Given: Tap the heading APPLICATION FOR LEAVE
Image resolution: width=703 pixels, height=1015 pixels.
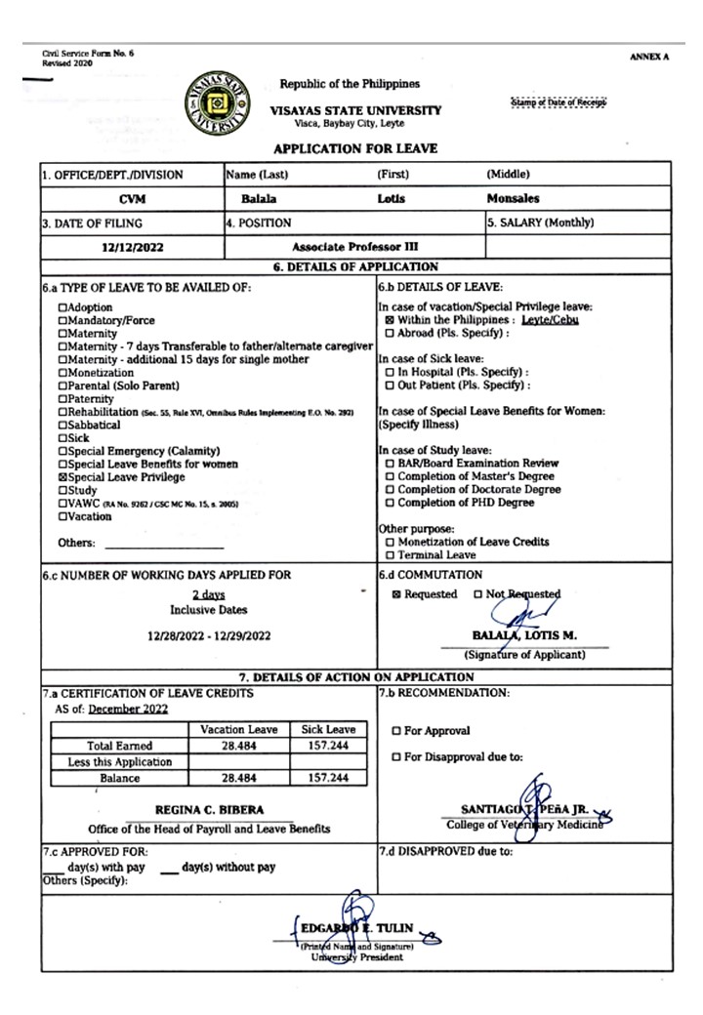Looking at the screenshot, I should (354, 148).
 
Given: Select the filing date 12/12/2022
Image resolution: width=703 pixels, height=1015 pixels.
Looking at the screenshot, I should (132, 248).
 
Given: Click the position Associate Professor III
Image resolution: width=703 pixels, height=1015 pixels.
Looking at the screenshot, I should (354, 248).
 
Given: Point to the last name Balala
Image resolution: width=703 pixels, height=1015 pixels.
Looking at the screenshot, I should (245, 198).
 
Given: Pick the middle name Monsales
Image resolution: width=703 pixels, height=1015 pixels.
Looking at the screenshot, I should (513, 198).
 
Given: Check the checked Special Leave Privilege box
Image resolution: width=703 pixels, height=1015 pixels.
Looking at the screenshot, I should (63, 477).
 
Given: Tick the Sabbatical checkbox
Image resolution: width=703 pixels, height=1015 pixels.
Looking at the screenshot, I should (63, 425).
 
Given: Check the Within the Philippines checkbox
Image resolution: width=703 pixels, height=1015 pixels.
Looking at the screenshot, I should (390, 320).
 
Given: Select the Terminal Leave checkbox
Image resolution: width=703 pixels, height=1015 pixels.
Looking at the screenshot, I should (390, 555).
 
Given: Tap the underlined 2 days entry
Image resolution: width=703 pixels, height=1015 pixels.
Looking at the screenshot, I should (208, 594).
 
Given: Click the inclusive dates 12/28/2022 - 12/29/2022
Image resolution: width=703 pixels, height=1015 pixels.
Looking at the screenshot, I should (209, 635).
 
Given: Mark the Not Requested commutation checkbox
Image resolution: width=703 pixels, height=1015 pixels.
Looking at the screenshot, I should (477, 594).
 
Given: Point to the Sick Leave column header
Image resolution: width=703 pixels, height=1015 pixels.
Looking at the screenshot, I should (328, 729).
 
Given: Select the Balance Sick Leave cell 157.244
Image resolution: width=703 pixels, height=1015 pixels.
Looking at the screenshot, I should (328, 778).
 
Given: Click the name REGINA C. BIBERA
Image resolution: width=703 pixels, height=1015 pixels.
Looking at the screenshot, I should (209, 810).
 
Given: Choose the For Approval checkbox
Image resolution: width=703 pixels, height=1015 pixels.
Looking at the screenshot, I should (396, 731).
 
